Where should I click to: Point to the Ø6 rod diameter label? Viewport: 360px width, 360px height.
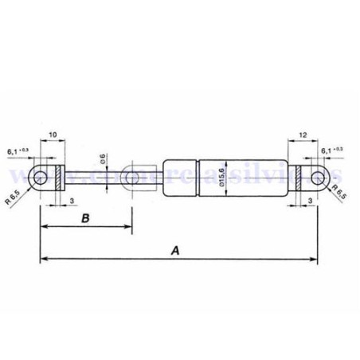(x=104, y=158)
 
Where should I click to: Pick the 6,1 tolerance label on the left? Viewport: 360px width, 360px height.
(x=18, y=150)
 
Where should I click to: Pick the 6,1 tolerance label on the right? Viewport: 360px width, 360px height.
(x=332, y=150)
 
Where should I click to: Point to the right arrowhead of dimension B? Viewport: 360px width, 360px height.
(x=128, y=229)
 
